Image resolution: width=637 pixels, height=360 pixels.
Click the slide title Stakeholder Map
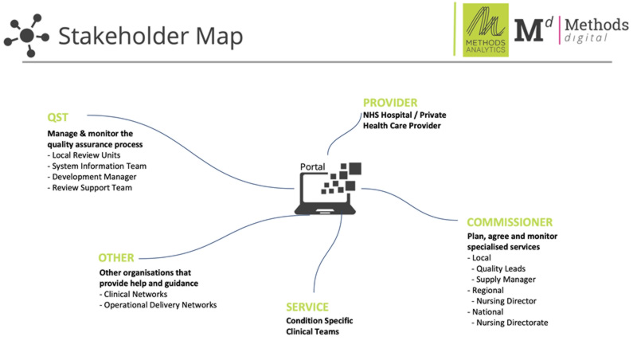pos(150,36)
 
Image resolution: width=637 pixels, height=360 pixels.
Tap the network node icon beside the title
pos(27,35)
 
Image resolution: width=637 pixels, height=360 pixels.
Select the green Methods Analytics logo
pos(486,29)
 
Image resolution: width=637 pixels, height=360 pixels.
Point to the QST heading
pos(57,118)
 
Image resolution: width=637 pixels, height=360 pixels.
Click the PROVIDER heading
pos(390,103)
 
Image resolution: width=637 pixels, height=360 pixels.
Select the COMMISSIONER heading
pos(510,222)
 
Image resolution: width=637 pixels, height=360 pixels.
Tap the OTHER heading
pos(116,258)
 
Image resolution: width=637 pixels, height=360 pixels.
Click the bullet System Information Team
pos(96,166)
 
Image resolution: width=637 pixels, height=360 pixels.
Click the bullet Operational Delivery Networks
pos(158,305)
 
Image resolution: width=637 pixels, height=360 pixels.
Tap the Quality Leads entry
pos(501,268)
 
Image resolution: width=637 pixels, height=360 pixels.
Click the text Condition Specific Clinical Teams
pos(319,327)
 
